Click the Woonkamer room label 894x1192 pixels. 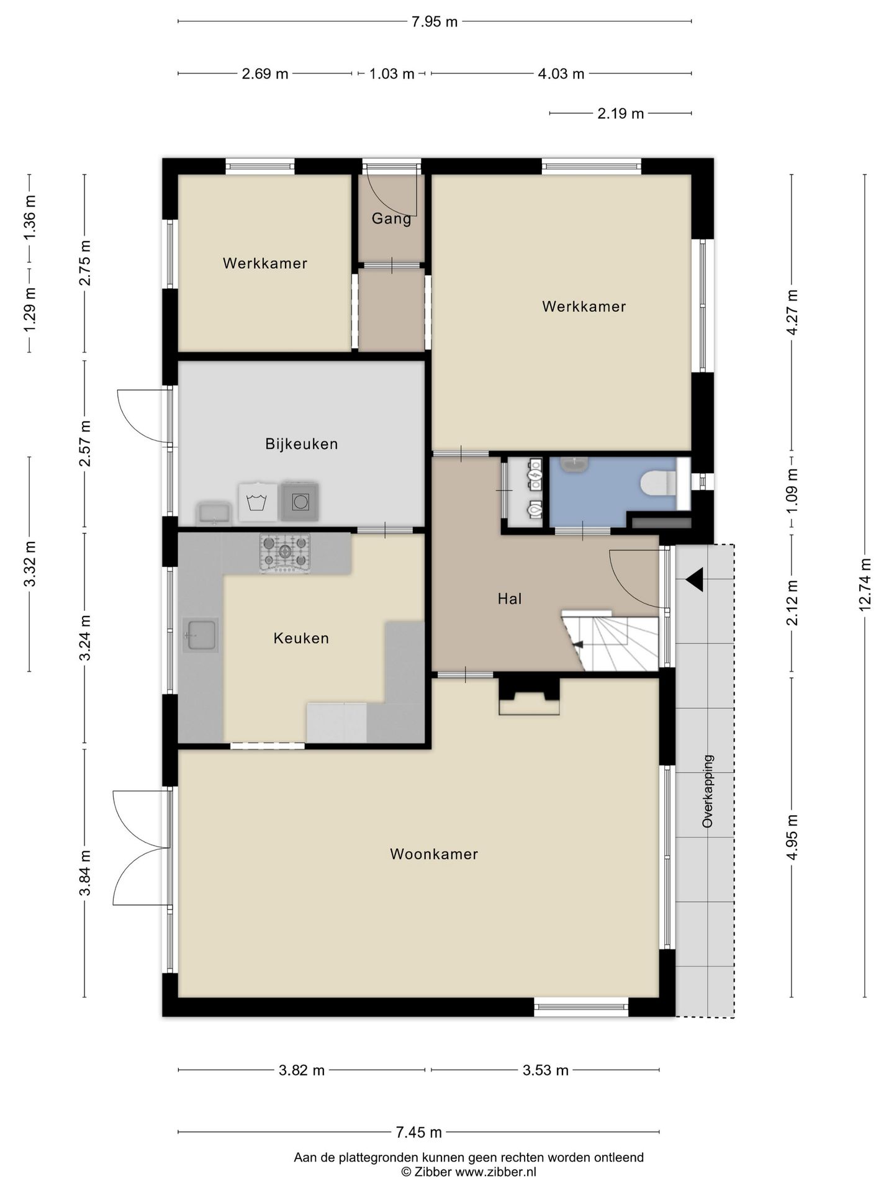[434, 854]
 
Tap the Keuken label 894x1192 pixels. [301, 638]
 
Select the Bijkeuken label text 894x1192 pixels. [302, 444]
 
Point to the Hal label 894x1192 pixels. [510, 598]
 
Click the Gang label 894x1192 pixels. [392, 219]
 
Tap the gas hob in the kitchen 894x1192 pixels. [285, 553]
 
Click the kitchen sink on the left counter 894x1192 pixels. [201, 634]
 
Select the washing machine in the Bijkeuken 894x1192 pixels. [258, 502]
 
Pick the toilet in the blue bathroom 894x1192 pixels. [659, 482]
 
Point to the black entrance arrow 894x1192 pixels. [695, 580]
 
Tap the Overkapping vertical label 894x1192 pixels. [708, 791]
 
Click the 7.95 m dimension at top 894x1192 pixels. [435, 22]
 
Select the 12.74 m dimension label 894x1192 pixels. [865, 584]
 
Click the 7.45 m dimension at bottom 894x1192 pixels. [419, 1132]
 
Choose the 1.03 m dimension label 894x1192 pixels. [392, 74]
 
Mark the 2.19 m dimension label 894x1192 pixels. [621, 114]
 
